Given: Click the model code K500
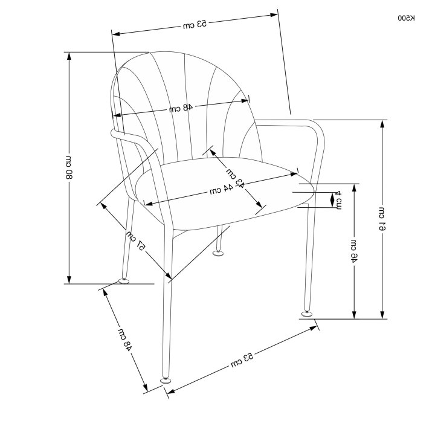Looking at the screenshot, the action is tap(407, 18).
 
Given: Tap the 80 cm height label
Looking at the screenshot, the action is tap(68, 167).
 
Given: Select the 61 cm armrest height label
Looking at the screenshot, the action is tap(382, 219).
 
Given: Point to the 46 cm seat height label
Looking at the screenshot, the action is tap(354, 251).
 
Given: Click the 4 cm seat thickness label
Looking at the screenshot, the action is tap(338, 200).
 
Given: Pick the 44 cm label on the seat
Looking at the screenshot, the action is tap(221, 190).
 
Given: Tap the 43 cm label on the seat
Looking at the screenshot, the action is tap(235, 178).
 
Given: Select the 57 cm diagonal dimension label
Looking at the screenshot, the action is tap(135, 240).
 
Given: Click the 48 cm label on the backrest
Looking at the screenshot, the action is tap(181, 108).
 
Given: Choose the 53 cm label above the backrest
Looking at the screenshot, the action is tap(195, 24).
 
